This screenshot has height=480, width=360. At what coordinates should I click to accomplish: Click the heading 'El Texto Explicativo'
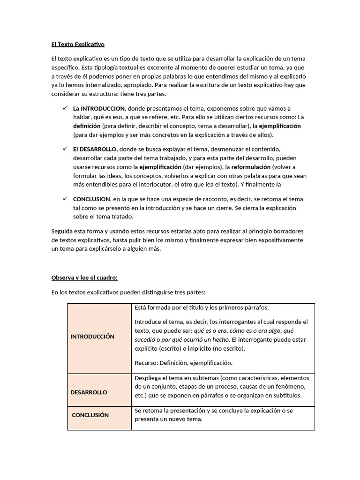78,45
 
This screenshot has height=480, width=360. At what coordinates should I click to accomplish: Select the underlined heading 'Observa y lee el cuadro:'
84,277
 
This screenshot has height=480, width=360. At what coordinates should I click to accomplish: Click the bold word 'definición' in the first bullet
87,126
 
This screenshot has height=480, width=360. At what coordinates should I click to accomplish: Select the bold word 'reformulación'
251,167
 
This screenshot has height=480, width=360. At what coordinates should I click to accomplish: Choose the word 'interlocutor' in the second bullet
137,185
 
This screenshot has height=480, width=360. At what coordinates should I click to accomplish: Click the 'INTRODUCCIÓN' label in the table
92,337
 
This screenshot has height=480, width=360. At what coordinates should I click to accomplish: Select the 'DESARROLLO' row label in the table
89,392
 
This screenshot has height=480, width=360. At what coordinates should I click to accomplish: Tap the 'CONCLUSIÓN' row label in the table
90,415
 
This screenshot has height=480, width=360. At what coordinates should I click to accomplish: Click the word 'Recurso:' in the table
146,362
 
